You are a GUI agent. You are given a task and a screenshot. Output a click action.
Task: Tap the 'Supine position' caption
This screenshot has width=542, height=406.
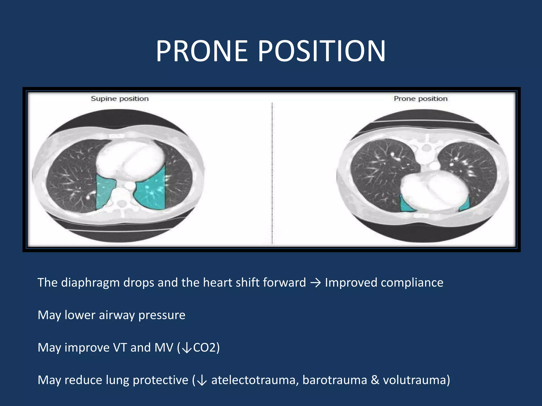pyautogui.click(x=120, y=99)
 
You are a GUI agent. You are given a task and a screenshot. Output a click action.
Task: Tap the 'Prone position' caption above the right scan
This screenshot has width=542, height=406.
pyautogui.click(x=421, y=99)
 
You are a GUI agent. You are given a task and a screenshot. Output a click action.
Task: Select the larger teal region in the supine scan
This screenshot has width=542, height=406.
pyautogui.click(x=151, y=189)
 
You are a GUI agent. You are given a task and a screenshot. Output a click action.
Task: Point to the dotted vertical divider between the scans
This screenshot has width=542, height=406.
pyautogui.click(x=272, y=172)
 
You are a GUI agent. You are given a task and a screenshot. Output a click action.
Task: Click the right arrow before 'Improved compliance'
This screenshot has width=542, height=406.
pyautogui.click(x=315, y=283)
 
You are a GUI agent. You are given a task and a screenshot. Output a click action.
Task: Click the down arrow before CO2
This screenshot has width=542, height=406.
pyautogui.click(x=187, y=348)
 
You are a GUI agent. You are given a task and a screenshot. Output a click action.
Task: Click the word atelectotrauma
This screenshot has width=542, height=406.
pyautogui.click(x=253, y=380)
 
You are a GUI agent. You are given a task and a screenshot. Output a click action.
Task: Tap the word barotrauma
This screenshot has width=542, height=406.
pyautogui.click(x=335, y=380)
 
